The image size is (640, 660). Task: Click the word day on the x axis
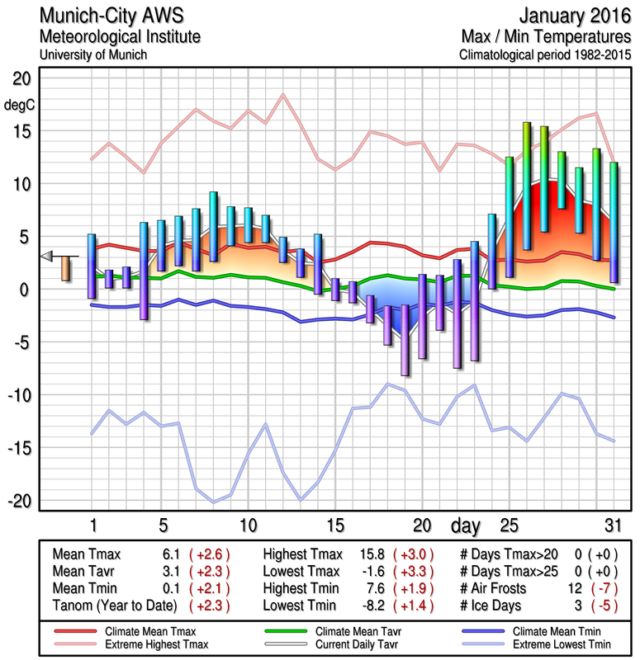[465, 525]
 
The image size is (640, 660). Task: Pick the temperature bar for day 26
[526, 186]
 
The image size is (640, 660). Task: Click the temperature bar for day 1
[92, 266]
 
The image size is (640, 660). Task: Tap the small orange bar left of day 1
[66, 268]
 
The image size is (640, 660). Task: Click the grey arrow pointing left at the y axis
[47, 256]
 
